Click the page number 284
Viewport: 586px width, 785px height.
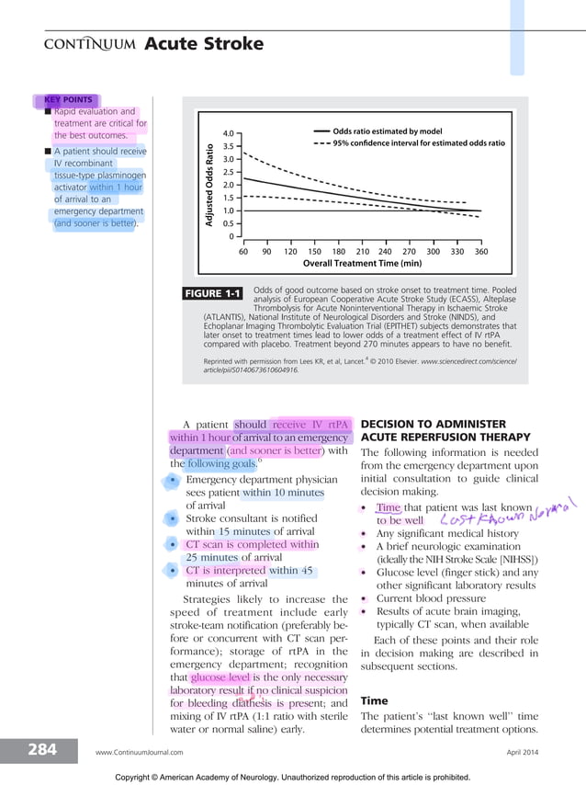click(x=42, y=750)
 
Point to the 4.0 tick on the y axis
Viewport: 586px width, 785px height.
click(x=229, y=132)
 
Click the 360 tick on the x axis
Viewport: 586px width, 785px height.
click(x=481, y=250)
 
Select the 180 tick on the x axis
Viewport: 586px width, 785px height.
click(x=338, y=250)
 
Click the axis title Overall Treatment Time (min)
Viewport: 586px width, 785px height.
click(x=362, y=263)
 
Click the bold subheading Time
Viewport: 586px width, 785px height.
click(x=375, y=700)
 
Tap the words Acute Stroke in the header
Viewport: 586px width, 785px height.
click(x=204, y=44)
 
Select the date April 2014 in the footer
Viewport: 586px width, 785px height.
click(x=524, y=752)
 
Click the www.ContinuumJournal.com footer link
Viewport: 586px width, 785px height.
click(x=136, y=752)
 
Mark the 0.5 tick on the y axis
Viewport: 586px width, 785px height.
click(x=229, y=223)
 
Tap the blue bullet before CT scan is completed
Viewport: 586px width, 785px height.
click(x=173, y=545)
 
